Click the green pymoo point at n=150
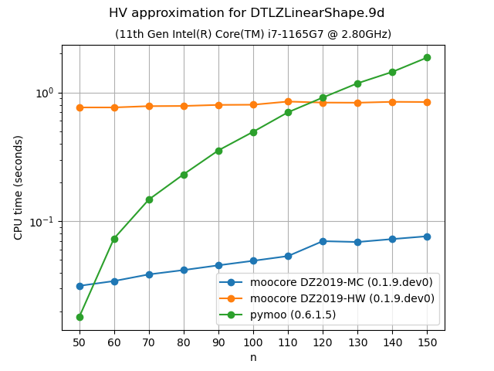[427, 57]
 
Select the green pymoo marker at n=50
[80, 317]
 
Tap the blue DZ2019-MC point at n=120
[323, 241]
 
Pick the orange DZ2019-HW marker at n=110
[288, 101]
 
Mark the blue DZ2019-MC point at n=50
[80, 286]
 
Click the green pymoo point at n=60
[114, 239]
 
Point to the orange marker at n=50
[80, 107]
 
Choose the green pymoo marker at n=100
[253, 132]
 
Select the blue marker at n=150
[427, 237]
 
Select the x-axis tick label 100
[253, 342]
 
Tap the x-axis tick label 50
[80, 342]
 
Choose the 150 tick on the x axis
[427, 342]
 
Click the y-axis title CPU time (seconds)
[18, 188]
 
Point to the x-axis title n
[253, 357]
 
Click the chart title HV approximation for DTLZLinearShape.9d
[247, 13]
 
